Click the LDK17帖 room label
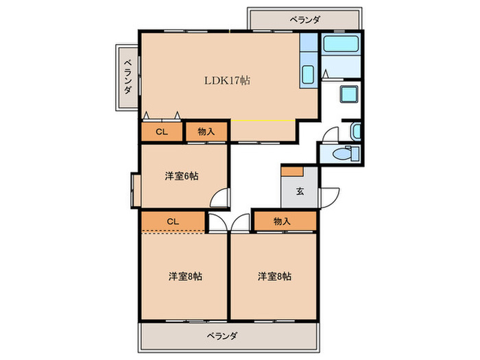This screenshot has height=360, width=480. coord(227,80)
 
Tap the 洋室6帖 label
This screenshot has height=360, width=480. coord(182,176)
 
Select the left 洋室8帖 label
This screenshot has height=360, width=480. coord(185,276)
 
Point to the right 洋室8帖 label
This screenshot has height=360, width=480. coord(274,276)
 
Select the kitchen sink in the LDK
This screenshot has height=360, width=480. coord(308,75)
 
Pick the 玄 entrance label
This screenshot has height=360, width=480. coord(300,191)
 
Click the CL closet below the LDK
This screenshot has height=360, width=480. coord(162,131)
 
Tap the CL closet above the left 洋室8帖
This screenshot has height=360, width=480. coord(173,221)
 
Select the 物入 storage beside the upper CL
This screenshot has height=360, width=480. coord(206,131)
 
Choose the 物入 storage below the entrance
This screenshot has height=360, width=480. coord(283,221)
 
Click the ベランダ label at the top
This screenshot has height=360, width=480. coord(304,21)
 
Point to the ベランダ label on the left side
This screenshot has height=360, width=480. coord(128,76)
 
